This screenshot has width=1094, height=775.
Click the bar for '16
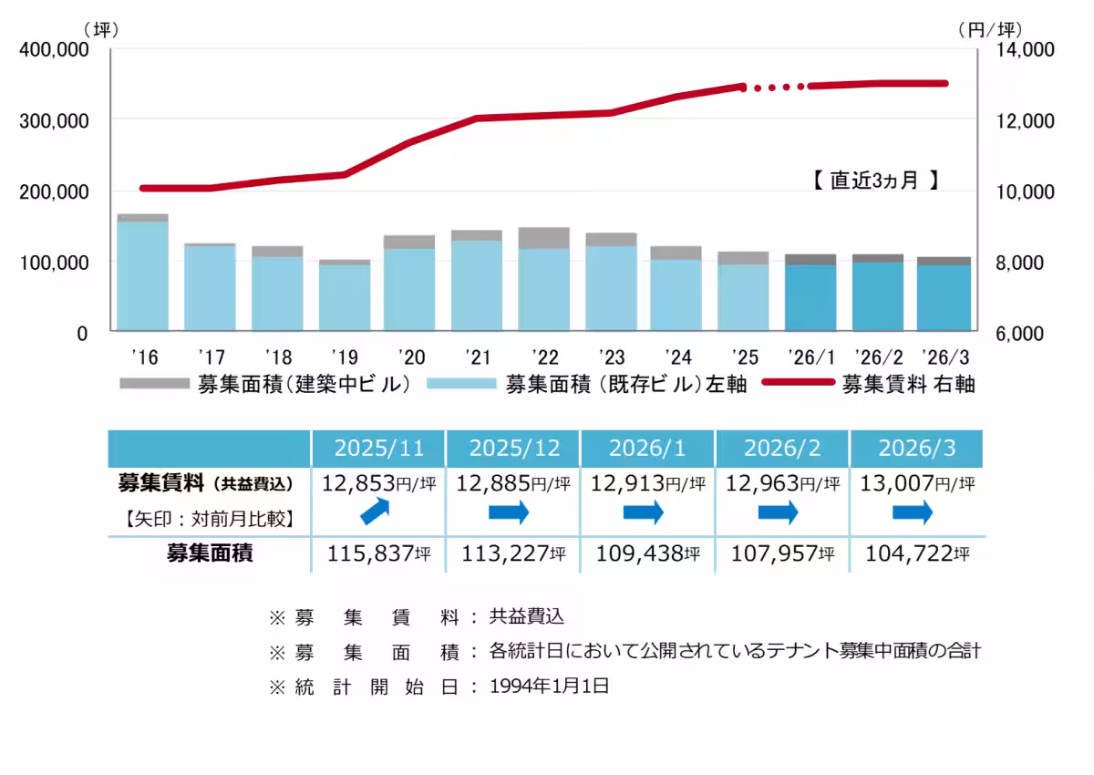coord(142,274)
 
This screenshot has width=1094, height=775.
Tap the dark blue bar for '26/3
coord(944,296)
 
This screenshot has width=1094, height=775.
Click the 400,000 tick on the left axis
coord(56,50)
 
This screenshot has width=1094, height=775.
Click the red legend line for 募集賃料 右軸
coord(797,384)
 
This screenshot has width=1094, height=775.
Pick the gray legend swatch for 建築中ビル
coord(155,384)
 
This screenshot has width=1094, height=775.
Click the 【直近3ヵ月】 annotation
coord(874,181)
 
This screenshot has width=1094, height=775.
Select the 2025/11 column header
coord(378,448)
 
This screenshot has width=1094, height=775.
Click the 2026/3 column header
coord(916,448)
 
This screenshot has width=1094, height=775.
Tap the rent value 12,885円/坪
coord(513,483)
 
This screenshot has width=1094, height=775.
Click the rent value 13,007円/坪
coord(916,483)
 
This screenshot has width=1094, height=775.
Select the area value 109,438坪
coord(648,553)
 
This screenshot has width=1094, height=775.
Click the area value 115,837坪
coord(378,553)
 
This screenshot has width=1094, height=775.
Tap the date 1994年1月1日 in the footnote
coord(549,687)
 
